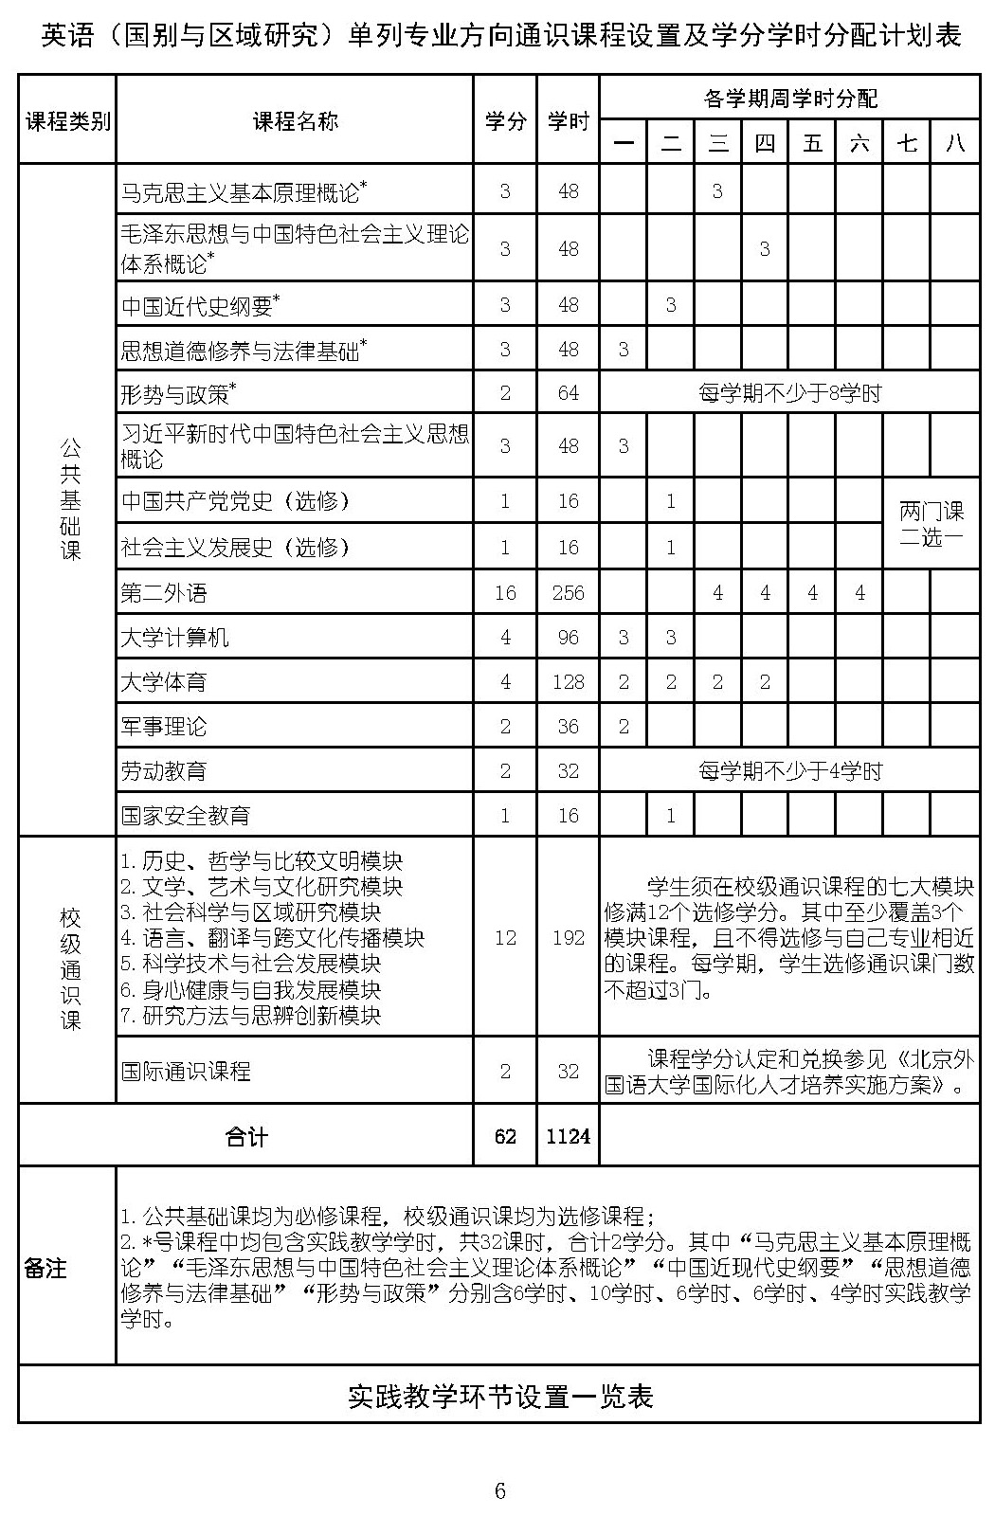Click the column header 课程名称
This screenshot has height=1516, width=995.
(x=295, y=120)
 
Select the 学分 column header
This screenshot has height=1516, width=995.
(x=505, y=120)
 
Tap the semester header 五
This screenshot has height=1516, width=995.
(x=812, y=143)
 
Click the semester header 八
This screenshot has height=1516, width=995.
(x=954, y=143)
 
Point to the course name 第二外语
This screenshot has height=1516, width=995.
(x=164, y=593)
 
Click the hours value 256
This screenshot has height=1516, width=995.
(x=568, y=593)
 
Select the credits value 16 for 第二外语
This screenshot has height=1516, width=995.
(x=505, y=593)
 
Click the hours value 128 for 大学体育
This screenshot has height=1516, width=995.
(x=568, y=682)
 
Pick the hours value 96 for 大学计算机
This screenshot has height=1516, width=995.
(x=568, y=638)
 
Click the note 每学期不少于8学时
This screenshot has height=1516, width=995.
(x=789, y=393)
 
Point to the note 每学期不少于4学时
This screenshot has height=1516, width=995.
(x=789, y=771)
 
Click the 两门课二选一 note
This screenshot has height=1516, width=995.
(x=931, y=524)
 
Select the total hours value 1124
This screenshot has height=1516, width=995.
(x=568, y=1135)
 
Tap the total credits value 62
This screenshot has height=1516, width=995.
(x=505, y=1135)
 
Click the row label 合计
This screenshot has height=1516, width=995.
(x=246, y=1135)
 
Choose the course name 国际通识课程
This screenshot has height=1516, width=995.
(x=186, y=1072)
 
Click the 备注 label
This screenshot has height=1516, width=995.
(x=45, y=1268)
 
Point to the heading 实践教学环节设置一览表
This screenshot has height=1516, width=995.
(x=499, y=1396)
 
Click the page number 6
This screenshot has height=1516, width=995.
(x=499, y=1490)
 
